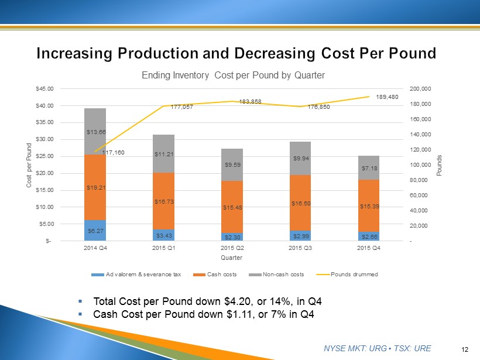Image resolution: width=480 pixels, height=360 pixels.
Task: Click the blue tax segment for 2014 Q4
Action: (95, 230)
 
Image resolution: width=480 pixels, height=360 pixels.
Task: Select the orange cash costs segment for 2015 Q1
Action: (163, 201)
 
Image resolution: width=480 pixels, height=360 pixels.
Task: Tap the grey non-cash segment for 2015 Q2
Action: (232, 164)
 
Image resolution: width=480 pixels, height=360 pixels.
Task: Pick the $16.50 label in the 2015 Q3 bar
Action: (300, 203)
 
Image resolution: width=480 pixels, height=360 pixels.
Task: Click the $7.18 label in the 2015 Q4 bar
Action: (369, 169)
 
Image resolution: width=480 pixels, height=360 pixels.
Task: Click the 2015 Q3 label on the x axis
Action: (300, 248)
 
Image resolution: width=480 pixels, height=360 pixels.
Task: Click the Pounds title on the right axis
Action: (440, 165)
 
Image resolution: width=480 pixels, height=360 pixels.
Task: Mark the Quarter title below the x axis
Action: (232, 257)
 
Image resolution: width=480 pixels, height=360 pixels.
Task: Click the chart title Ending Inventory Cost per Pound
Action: (232, 76)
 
